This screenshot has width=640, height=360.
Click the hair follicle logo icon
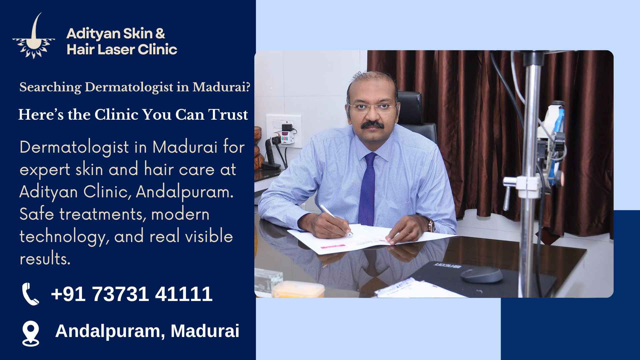(x=34, y=37)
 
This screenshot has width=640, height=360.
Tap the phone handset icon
(x=30, y=294)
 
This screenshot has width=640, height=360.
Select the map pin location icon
(x=31, y=333)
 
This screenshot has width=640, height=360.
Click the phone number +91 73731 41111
(x=132, y=294)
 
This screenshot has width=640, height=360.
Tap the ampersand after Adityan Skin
(x=160, y=34)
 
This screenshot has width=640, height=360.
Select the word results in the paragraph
(x=45, y=259)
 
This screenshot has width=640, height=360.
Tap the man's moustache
(x=373, y=124)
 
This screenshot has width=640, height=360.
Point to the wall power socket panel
(x=284, y=130)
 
